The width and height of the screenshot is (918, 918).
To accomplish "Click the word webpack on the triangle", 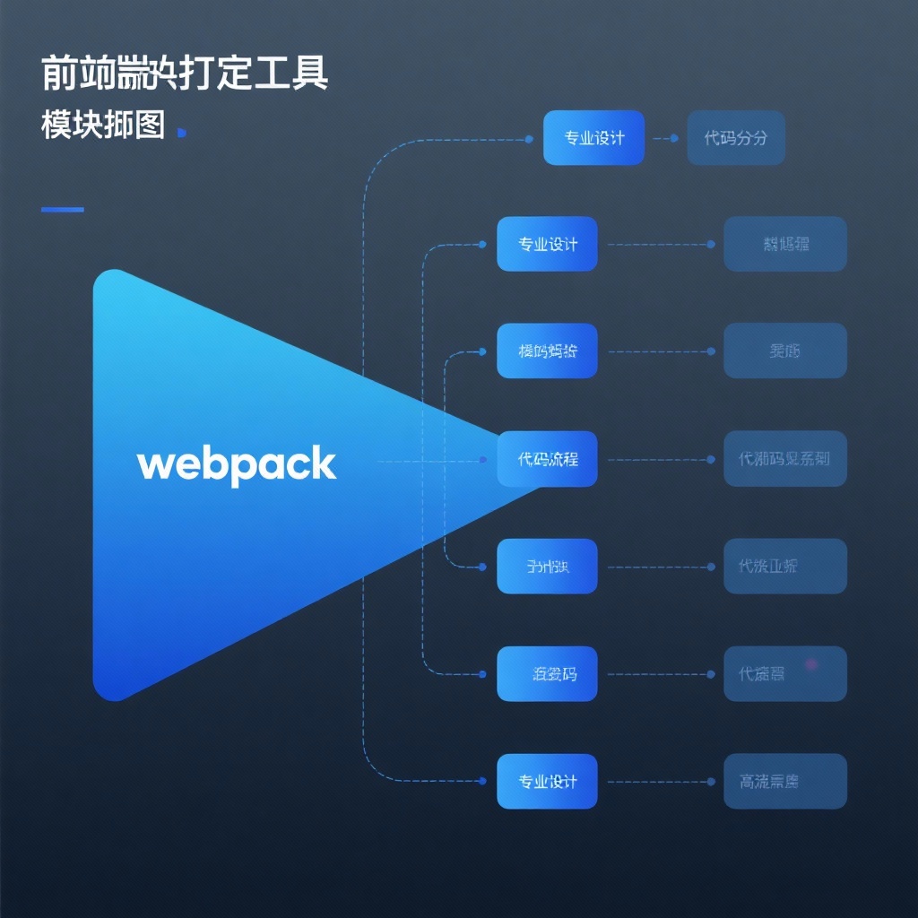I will coord(237,465).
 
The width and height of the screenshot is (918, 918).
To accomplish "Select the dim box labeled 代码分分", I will coord(736,138).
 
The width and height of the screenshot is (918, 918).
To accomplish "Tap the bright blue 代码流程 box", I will coord(547,459).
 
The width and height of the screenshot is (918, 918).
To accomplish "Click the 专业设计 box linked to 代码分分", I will coord(593,138).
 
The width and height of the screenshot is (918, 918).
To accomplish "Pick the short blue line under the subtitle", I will coord(63,210).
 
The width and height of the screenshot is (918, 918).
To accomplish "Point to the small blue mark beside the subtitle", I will coord(182,133).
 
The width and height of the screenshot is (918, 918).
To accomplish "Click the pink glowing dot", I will coord(811,664).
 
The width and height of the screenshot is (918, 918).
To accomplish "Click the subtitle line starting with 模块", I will coord(103,126).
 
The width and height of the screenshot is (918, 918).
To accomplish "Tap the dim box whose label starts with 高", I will coord(785,781).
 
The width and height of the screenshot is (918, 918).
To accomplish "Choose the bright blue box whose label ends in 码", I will coord(547,674).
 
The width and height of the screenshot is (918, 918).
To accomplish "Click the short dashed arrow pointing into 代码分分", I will coord(666,139).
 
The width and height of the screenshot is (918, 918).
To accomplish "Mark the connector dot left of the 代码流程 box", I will coord(483,460).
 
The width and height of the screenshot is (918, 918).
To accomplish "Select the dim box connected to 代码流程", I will coord(785,459).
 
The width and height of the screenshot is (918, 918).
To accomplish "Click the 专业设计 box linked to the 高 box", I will coord(547,781).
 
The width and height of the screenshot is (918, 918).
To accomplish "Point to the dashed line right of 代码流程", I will coord(659,459).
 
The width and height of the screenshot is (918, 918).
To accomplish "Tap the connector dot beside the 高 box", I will coord(711,782).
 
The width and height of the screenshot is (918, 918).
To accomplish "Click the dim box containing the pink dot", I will coord(785,674).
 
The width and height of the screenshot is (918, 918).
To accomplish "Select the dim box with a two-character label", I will coord(785,351).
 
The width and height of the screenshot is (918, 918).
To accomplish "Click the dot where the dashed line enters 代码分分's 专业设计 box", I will coord(530,140).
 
